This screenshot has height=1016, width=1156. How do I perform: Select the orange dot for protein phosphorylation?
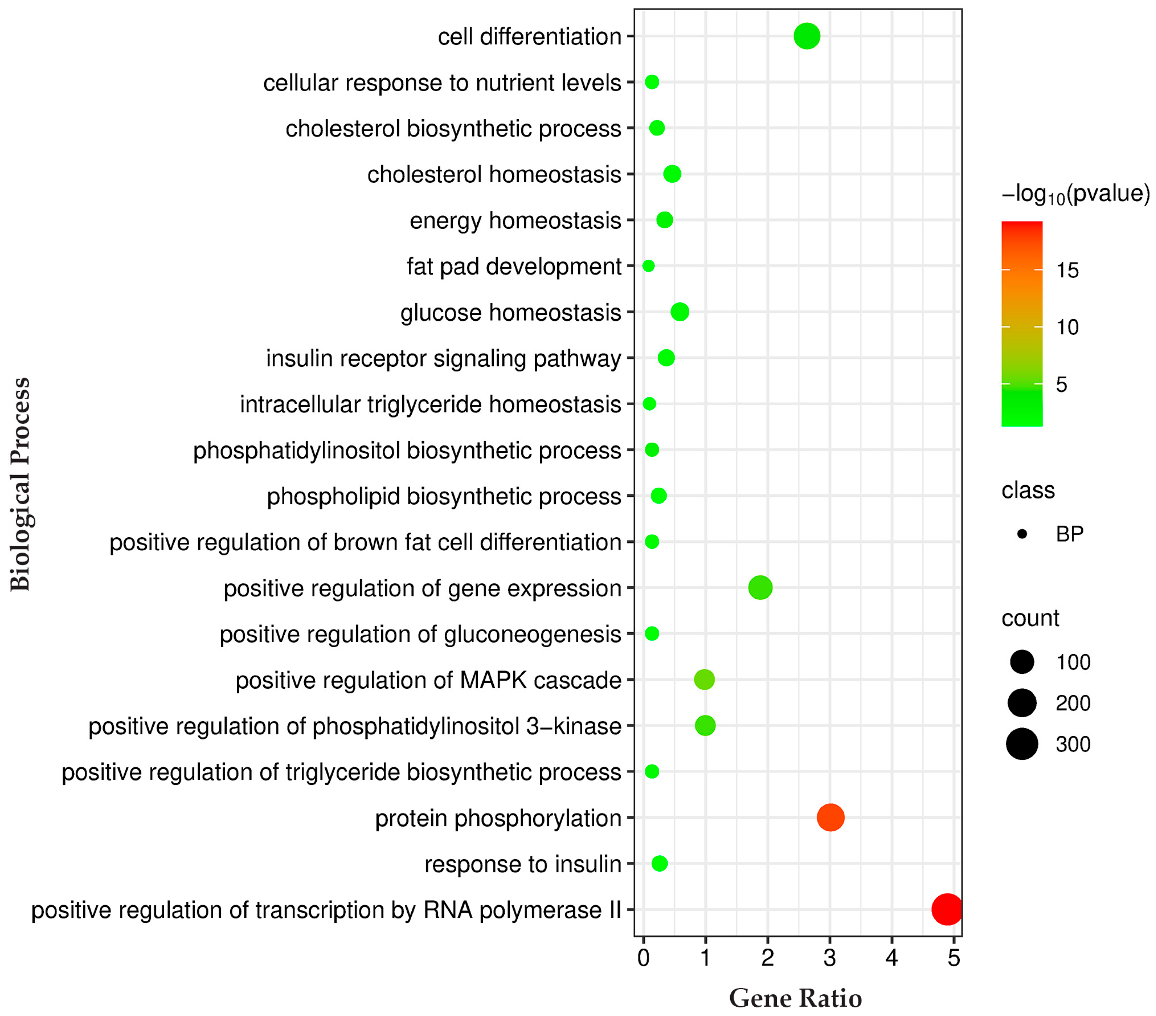[830, 817]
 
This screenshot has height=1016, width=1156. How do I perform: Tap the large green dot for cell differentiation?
[807, 36]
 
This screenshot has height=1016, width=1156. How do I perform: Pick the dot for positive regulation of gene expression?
[760, 588]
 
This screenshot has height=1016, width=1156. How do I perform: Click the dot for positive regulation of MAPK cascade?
[704, 679]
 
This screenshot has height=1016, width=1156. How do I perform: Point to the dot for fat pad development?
[649, 266]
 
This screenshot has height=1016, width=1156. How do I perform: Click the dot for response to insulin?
[660, 863]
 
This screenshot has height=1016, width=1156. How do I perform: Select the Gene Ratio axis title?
[795, 998]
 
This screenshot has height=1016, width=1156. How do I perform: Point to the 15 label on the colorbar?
[1067, 270]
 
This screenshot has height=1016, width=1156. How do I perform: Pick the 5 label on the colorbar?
[1061, 385]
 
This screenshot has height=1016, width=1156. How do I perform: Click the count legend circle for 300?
[1022, 744]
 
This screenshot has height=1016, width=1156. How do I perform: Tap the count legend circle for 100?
[1022, 662]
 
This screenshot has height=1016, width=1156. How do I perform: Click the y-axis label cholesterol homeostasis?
[494, 174]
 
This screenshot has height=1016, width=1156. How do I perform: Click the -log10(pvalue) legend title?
[1075, 194]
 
